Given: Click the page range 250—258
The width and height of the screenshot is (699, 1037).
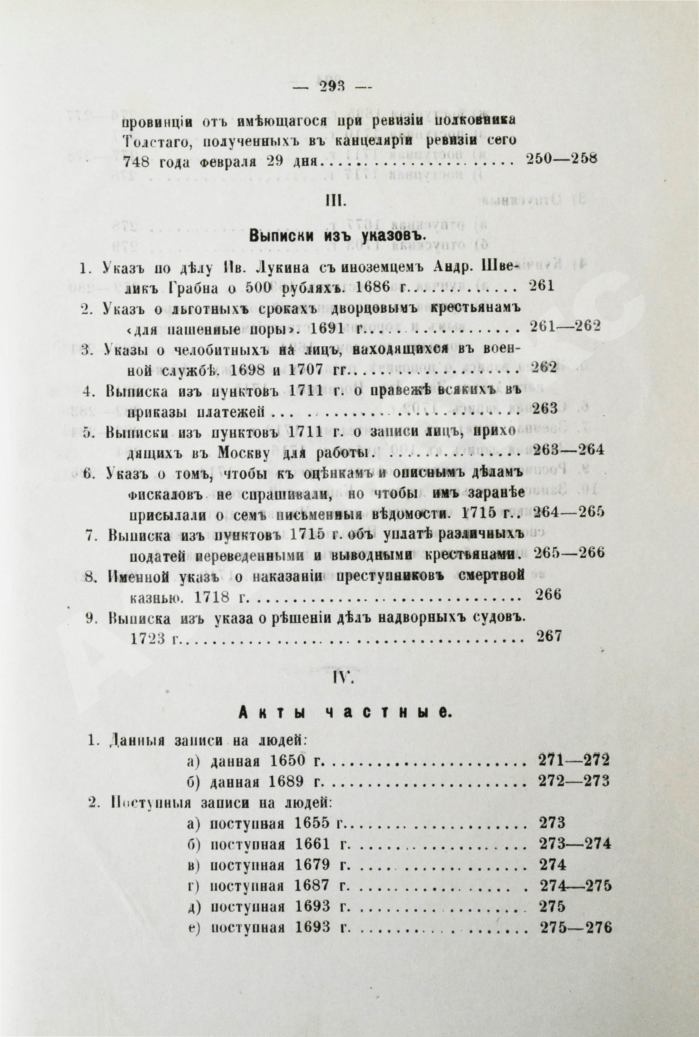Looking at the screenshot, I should (x=562, y=159).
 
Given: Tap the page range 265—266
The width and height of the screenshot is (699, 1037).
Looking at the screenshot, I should (x=568, y=554).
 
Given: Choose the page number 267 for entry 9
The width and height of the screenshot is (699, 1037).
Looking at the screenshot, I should (x=546, y=636).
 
